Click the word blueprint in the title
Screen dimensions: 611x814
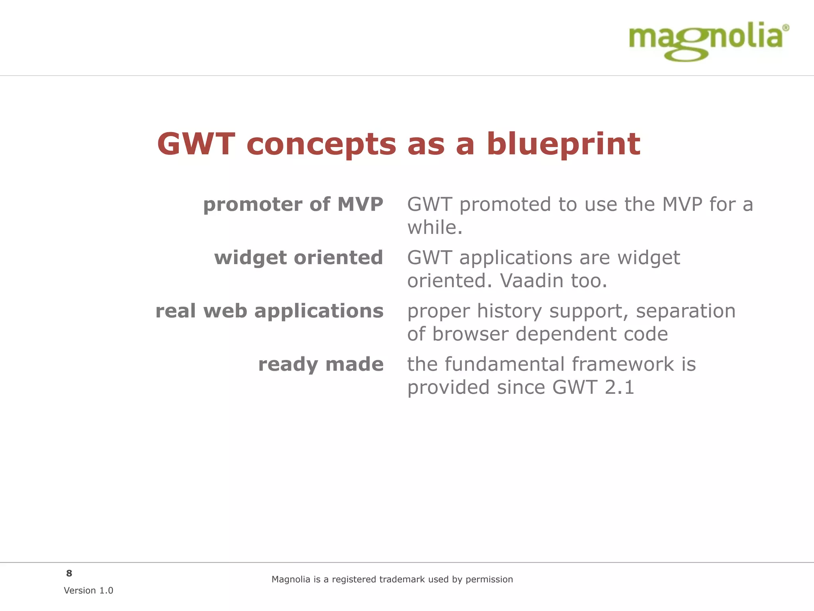(563, 144)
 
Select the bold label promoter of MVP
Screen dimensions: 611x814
(293, 204)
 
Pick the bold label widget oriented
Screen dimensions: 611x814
(298, 257)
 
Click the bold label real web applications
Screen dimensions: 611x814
(269, 311)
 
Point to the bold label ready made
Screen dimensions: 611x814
(321, 364)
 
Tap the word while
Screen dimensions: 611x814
(434, 228)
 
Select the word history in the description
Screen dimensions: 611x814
(509, 311)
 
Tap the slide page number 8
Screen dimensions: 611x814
(69, 573)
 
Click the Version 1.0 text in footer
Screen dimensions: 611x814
(88, 590)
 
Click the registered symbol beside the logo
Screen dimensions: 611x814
(785, 28)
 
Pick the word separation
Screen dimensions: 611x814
(686, 311)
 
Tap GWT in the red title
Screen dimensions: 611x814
(196, 144)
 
